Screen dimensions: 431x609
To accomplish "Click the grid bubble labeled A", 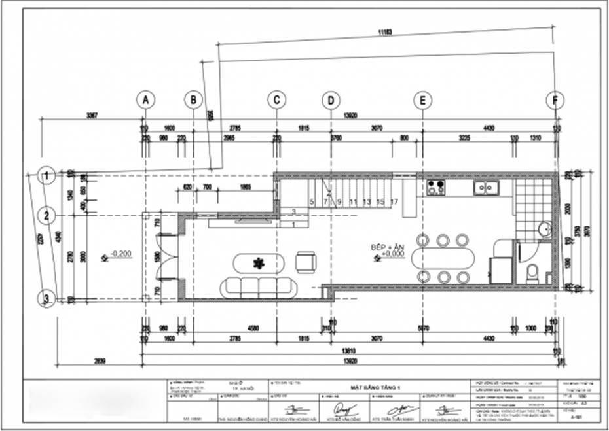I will pyautogui.click(x=145, y=99).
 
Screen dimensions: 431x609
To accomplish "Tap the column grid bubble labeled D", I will pyautogui.click(x=331, y=99).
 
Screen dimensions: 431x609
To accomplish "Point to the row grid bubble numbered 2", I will pyautogui.click(x=46, y=215).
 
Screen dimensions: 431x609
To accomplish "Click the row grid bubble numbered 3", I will pyautogui.click(x=46, y=299).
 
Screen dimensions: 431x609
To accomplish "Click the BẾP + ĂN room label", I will pyautogui.click(x=388, y=249).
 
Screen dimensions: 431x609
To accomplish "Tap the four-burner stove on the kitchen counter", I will pyautogui.click(x=436, y=188).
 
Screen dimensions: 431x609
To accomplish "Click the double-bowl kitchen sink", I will pyautogui.click(x=487, y=188).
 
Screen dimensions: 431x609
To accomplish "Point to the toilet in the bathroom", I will pyautogui.click(x=532, y=271).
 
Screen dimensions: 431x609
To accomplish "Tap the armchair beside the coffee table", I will pyautogui.click(x=305, y=261).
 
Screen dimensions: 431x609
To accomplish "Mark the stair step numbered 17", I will pyautogui.click(x=394, y=201).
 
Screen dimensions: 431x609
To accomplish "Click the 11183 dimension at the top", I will pyautogui.click(x=384, y=31).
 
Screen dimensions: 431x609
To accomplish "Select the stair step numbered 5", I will pyautogui.click(x=312, y=201).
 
